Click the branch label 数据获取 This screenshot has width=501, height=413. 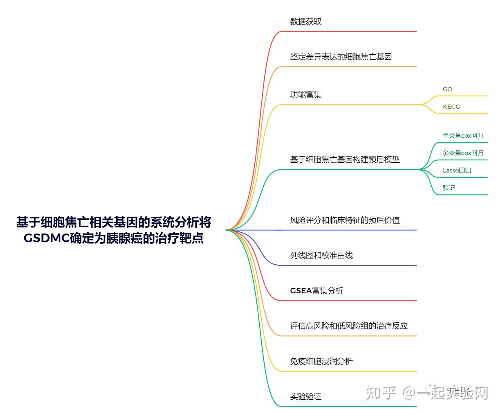(x=305, y=21)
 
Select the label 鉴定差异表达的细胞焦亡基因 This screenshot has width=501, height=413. (x=341, y=57)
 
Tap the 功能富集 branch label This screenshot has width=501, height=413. (x=305, y=95)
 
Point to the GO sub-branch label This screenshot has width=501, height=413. (x=447, y=89)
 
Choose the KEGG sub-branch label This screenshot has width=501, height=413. (x=451, y=107)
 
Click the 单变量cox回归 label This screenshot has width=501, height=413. (x=463, y=136)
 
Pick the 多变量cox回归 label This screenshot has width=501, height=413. (x=463, y=153)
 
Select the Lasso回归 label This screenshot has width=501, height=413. (x=457, y=170)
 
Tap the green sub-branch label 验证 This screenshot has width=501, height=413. (x=449, y=188)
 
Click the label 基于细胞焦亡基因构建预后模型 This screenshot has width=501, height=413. (x=345, y=159)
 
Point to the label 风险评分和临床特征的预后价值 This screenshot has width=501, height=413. (x=345, y=220)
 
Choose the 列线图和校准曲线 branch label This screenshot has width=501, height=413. (x=321, y=255)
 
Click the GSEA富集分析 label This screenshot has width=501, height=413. (x=316, y=291)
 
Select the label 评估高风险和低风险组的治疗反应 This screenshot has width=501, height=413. (x=349, y=326)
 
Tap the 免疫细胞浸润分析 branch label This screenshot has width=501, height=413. (x=321, y=361)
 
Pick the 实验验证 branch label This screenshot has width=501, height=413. (x=305, y=396)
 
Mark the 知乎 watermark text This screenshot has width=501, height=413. (x=381, y=393)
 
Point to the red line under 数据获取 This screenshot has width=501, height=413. (x=348, y=31)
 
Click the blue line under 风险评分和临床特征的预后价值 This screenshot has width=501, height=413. (x=348, y=230)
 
